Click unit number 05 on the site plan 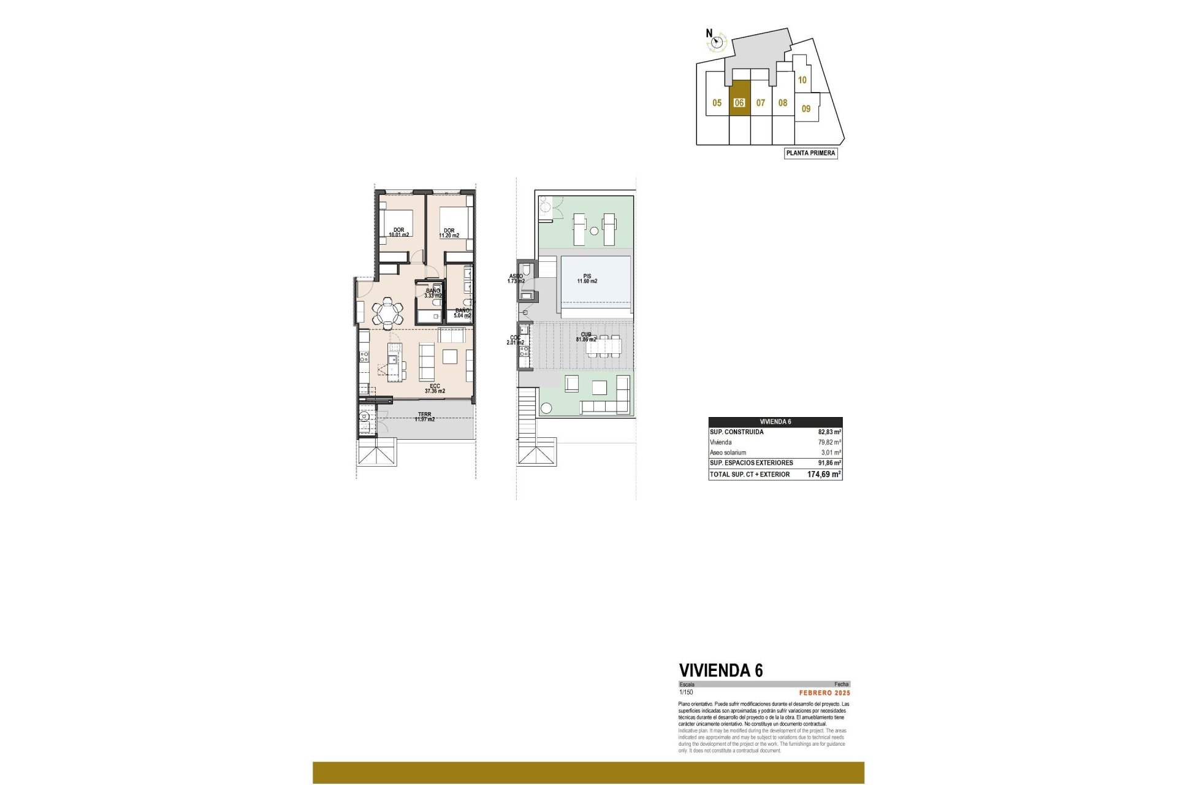pyautogui.click(x=717, y=103)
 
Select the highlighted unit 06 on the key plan pyautogui.click(x=739, y=103)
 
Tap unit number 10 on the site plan pyautogui.click(x=802, y=80)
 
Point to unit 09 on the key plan pyautogui.click(x=806, y=109)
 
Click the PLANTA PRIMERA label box pyautogui.click(x=810, y=153)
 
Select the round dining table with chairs pyautogui.click(x=387, y=312)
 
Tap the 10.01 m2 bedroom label pyautogui.click(x=398, y=232)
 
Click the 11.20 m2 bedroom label pyautogui.click(x=449, y=233)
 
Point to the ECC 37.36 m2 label pyautogui.click(x=435, y=389)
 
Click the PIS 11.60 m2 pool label pyautogui.click(x=587, y=279)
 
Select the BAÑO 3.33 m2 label pyautogui.click(x=433, y=293)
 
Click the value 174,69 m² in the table pyautogui.click(x=823, y=475)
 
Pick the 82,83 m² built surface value pyautogui.click(x=829, y=432)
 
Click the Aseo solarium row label pyautogui.click(x=728, y=453)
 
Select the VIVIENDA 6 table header pyautogui.click(x=775, y=422)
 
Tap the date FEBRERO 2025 pyautogui.click(x=825, y=693)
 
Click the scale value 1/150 pyautogui.click(x=686, y=692)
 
